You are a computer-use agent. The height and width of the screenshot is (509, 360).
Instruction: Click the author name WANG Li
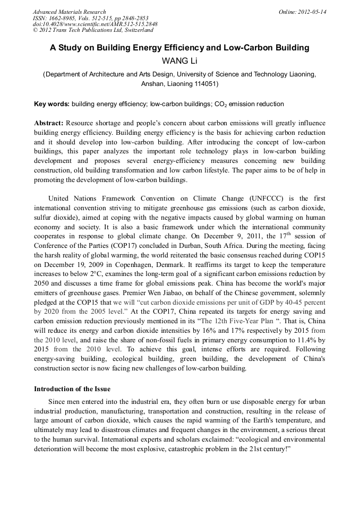179,61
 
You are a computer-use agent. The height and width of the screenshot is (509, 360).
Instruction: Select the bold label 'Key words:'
52,104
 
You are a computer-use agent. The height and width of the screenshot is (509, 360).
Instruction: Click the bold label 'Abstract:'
49,123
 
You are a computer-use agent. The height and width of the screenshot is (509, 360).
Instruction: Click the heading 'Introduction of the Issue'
72,389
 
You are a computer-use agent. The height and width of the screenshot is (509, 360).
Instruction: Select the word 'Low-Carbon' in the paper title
245,48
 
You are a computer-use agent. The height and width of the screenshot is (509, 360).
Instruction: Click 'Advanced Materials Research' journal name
69,12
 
